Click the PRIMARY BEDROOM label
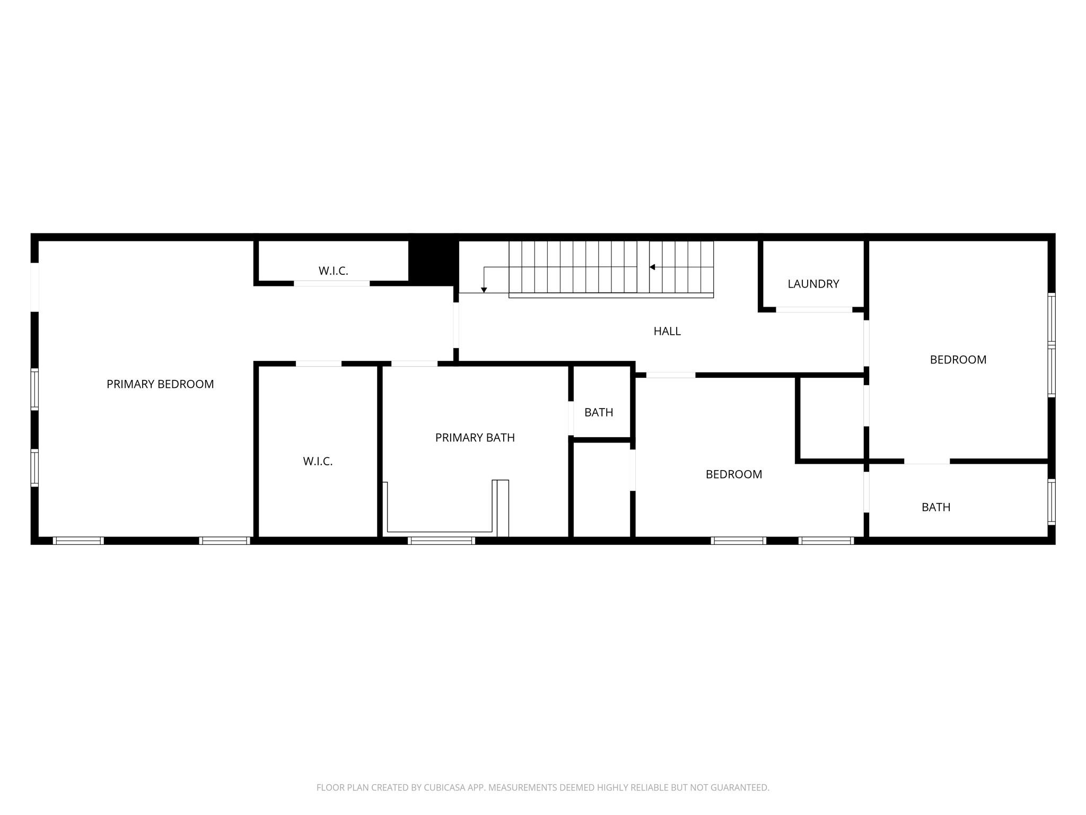(160, 384)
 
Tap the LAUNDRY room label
(813, 284)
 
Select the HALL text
(667, 331)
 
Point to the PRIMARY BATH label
(475, 438)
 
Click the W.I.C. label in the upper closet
(333, 271)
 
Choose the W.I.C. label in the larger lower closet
(318, 462)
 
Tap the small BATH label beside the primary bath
(599, 412)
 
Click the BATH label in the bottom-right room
(935, 507)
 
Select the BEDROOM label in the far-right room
(958, 360)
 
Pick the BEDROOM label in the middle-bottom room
(733, 474)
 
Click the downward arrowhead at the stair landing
(484, 290)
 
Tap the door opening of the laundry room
(813, 309)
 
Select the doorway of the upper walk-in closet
(331, 283)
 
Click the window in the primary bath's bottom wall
(441, 540)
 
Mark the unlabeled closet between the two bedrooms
(830, 418)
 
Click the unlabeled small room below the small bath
(601, 489)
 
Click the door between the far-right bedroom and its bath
(926, 461)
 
